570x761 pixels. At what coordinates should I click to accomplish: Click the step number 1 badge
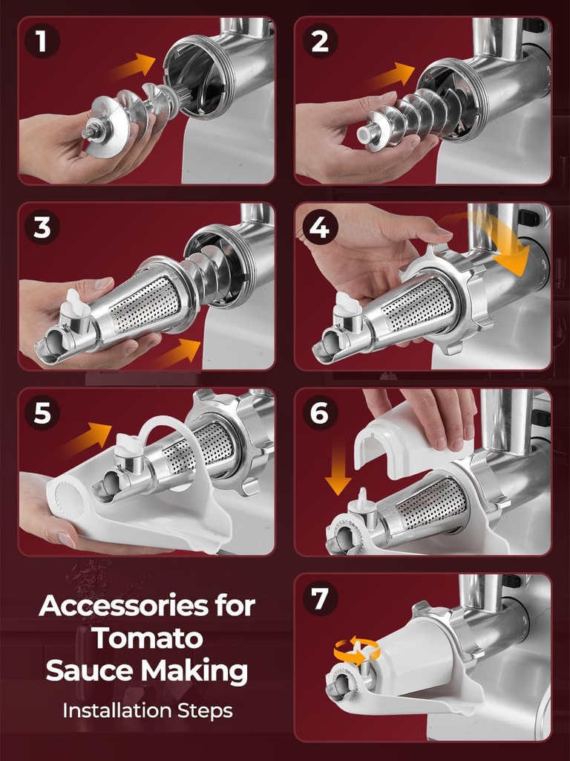click(42, 42)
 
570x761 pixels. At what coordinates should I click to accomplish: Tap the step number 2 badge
click(319, 42)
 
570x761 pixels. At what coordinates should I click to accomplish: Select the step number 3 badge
click(42, 227)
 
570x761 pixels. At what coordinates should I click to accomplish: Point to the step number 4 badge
click(319, 227)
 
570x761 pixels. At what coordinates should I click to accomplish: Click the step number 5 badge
click(42, 413)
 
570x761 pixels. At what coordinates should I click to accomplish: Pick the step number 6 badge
click(319, 413)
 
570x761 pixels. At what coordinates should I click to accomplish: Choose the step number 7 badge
click(319, 598)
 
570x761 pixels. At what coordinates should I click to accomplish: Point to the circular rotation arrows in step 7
click(356, 650)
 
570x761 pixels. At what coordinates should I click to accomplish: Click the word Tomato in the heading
click(147, 638)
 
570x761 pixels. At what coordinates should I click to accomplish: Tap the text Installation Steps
click(147, 710)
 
